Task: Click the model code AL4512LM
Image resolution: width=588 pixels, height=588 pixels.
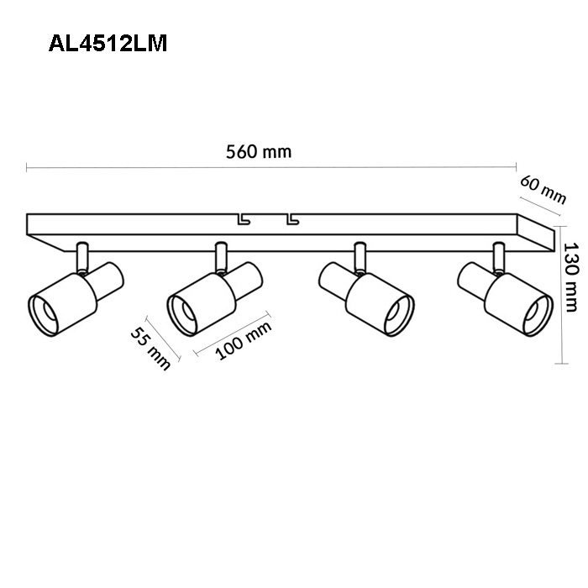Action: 108,44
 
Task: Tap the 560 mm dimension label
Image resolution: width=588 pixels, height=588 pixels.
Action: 259,152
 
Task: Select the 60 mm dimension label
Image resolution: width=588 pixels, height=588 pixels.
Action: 543,190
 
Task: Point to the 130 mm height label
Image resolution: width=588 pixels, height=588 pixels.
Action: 571,277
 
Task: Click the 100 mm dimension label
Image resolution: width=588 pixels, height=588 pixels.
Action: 244,340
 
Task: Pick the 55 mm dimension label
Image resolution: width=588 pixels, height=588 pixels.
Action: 150,349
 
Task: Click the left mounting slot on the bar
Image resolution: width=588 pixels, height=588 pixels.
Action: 244,219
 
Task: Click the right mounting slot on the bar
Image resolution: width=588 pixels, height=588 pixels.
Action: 293,219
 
